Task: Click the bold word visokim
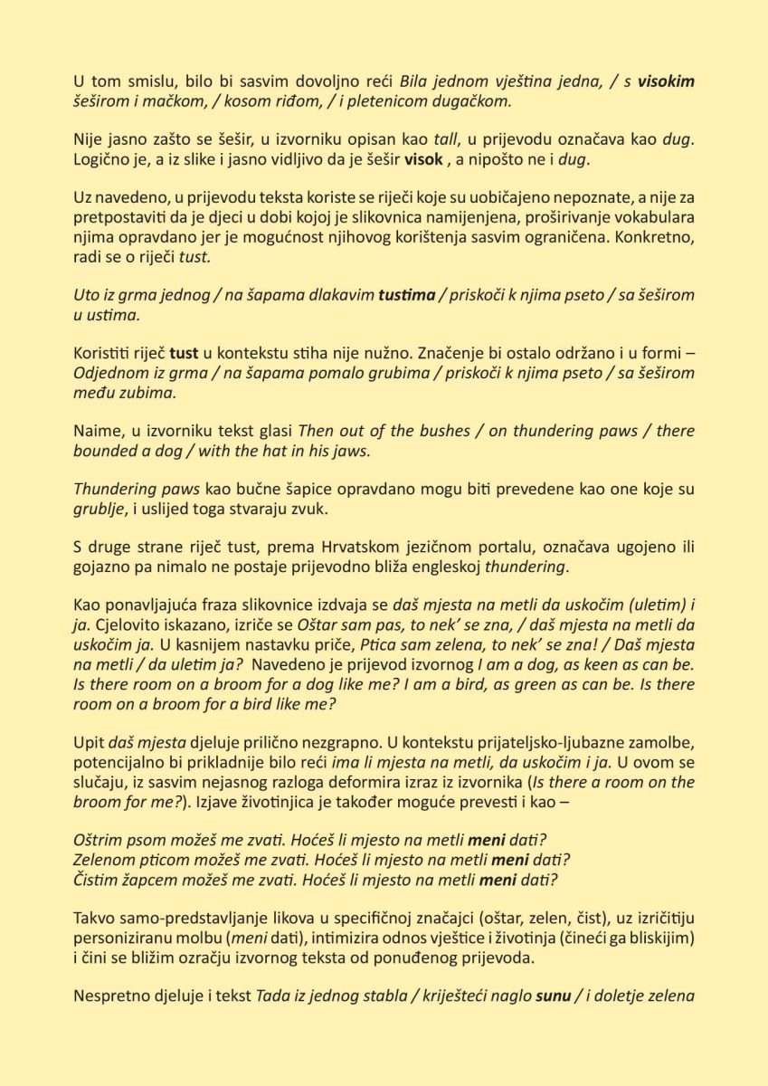point(667,81)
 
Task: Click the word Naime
point(95,431)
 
